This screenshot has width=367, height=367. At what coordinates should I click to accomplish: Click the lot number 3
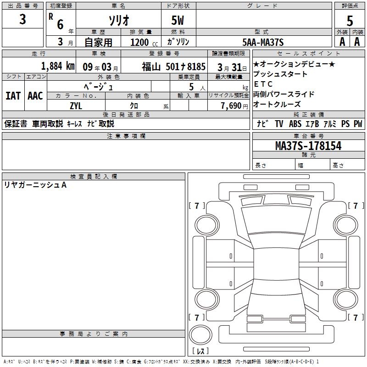click(22, 19)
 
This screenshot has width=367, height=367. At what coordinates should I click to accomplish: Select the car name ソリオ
click(119, 20)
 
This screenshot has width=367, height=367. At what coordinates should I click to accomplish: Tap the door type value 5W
click(178, 20)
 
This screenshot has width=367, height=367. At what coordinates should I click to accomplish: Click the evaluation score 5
click(350, 21)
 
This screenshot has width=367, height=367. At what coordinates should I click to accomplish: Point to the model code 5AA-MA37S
click(263, 42)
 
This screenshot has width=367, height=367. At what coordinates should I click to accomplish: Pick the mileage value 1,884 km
click(58, 66)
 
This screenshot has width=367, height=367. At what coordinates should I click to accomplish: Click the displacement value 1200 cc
click(144, 42)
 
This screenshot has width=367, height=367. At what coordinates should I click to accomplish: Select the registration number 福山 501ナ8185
click(173, 67)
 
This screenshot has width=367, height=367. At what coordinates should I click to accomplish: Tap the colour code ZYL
click(76, 106)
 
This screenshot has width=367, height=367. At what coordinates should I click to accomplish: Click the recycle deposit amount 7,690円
click(234, 106)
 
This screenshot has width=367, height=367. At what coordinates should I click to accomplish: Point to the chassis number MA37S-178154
click(308, 145)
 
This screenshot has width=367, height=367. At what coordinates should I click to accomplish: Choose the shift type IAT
click(13, 96)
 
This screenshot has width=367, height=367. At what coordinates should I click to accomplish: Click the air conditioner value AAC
click(35, 96)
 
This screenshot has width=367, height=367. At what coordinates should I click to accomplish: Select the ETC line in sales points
click(263, 84)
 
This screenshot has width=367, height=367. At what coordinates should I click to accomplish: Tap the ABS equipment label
click(295, 124)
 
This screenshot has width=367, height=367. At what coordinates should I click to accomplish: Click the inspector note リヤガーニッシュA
click(35, 185)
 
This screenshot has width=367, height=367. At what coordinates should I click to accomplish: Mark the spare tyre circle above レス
click(200, 335)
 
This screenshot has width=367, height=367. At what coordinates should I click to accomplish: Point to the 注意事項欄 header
click(126, 136)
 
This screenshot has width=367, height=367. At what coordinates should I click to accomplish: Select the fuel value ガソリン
click(178, 42)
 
